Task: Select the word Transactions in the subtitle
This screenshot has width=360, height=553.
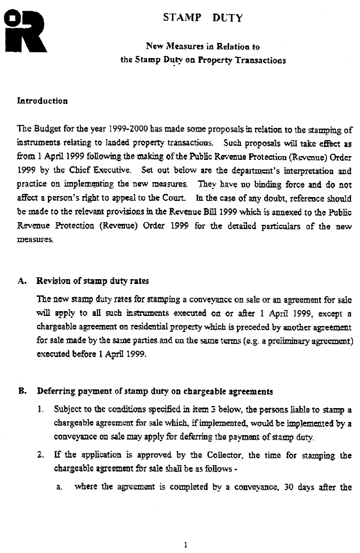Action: (x=259, y=60)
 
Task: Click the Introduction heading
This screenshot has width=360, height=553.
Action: (x=43, y=101)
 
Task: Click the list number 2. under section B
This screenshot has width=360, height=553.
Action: (x=40, y=456)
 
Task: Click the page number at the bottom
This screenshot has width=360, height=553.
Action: (x=184, y=544)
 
